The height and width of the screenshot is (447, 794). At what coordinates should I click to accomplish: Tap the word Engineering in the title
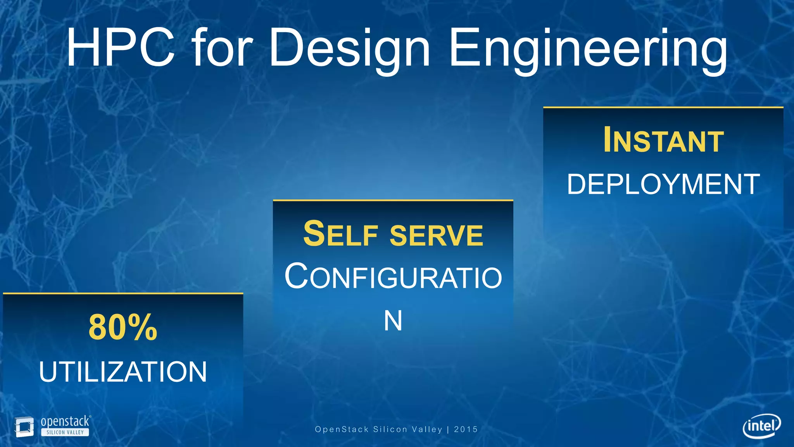coord(588,50)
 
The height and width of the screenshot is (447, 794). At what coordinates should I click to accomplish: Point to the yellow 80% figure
coord(123,328)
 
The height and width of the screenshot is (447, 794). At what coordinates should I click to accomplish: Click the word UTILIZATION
coord(123,372)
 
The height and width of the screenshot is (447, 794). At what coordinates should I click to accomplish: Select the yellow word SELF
coord(340,234)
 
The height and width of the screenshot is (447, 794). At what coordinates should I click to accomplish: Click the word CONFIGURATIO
coord(393,277)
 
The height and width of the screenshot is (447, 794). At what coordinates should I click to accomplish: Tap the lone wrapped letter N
coord(393,321)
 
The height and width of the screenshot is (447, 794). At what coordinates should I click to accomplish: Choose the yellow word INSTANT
coord(663,140)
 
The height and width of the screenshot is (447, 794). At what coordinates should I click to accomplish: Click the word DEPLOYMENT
coord(663,184)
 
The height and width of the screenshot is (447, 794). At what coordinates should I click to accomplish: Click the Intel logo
coord(761,426)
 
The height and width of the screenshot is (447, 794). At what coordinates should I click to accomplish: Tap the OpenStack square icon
coord(24,427)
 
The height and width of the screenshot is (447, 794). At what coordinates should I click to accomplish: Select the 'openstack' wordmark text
coord(65,421)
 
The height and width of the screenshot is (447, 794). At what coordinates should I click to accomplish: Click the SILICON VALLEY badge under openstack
coord(65,432)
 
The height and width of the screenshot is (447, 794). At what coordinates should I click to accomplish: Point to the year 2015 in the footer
coord(466,429)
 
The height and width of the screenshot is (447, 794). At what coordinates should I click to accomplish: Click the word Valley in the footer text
coord(427,429)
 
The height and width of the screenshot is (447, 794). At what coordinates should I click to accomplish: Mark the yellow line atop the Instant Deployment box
coord(663,107)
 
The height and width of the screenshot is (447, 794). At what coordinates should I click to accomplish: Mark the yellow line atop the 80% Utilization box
coord(123,293)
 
